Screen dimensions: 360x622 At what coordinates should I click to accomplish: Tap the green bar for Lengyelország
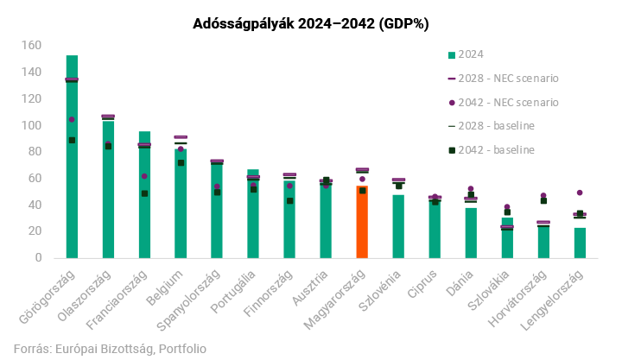580,243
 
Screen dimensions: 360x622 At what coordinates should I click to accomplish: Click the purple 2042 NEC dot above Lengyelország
580,193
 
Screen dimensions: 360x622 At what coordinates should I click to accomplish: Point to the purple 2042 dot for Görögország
72,119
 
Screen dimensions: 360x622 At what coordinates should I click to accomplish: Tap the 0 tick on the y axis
37,257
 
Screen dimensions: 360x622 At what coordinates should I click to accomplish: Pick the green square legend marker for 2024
452,55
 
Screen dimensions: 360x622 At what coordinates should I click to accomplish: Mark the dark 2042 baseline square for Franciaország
144,193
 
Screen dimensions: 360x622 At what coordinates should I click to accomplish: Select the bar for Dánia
471,232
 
